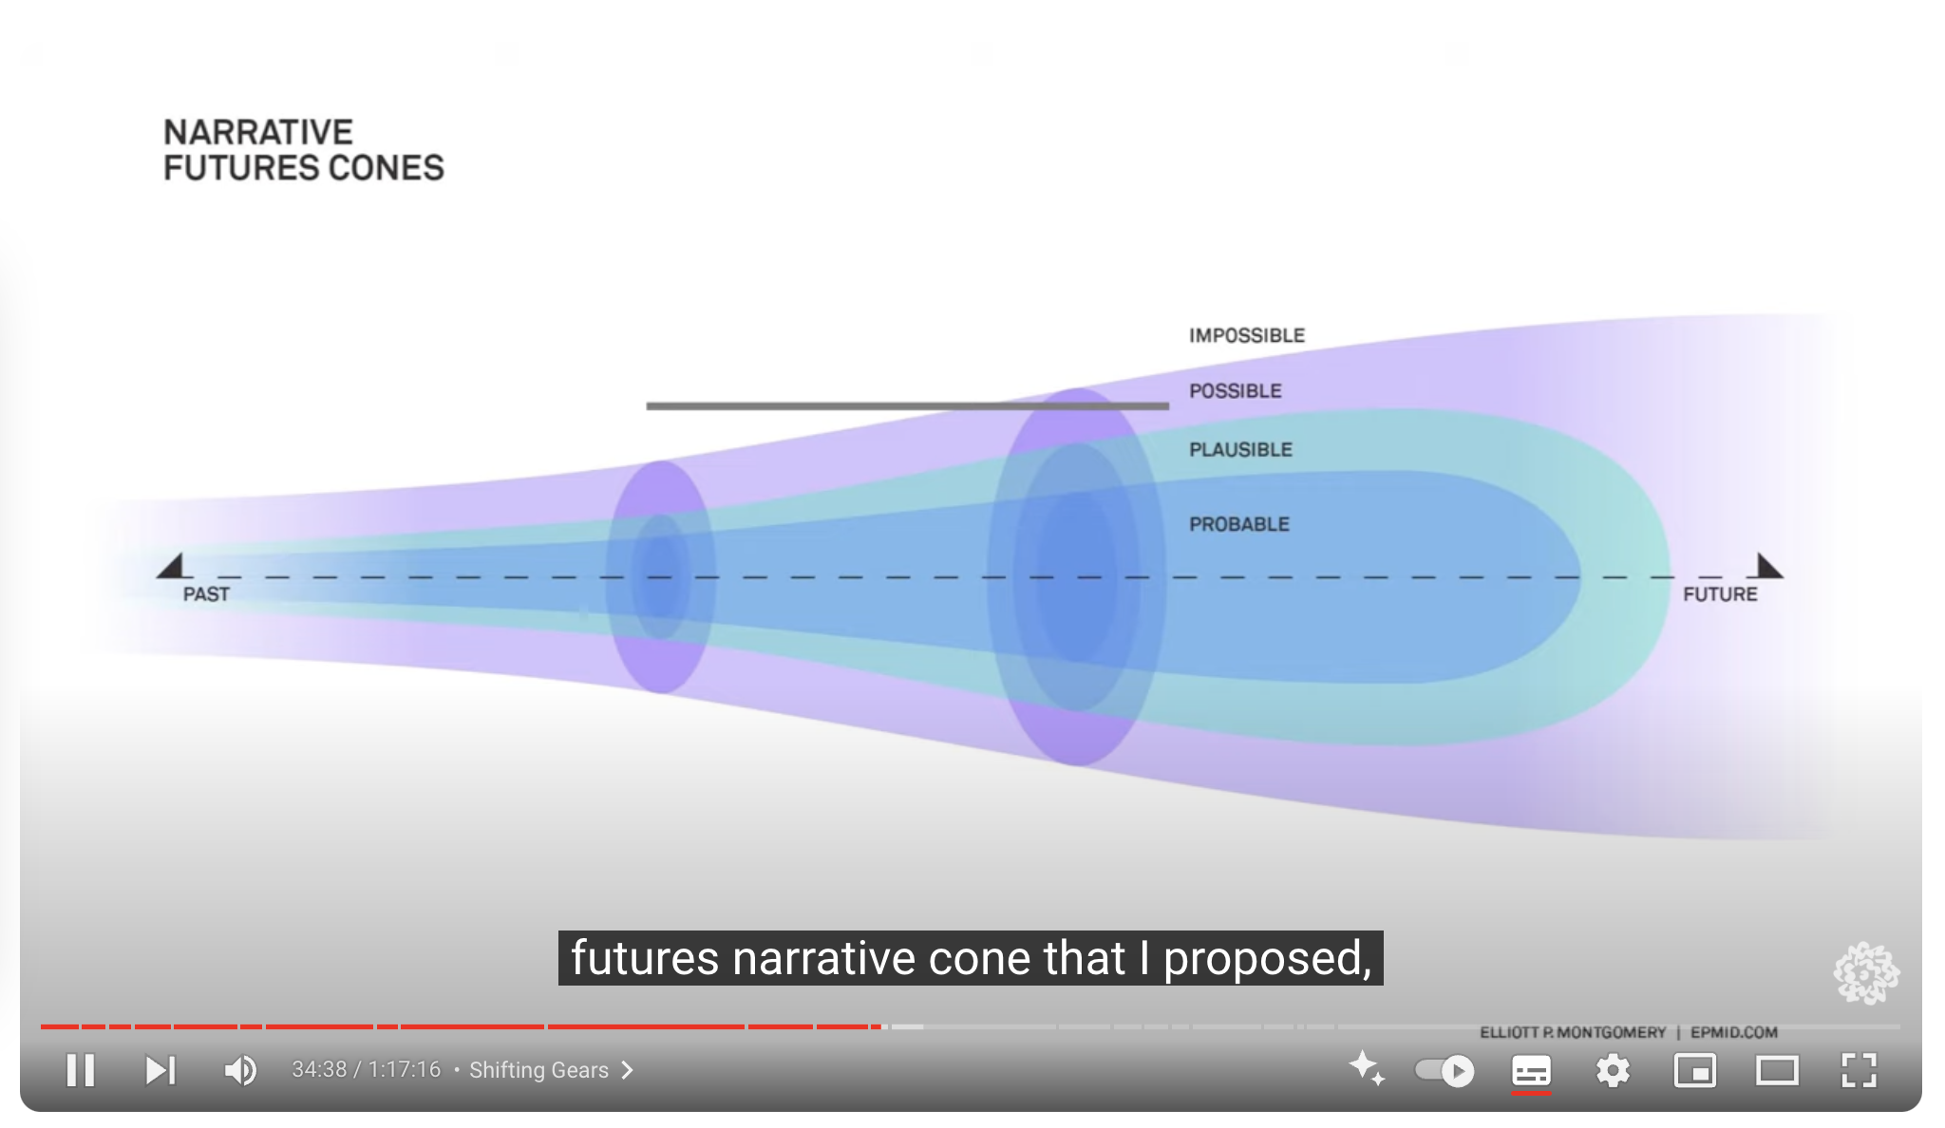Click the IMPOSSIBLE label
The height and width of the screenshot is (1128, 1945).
[x=1247, y=335]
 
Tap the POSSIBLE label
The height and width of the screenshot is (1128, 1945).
[x=1236, y=391]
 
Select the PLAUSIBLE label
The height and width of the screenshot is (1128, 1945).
[x=1241, y=450]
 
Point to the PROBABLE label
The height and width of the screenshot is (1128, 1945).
[x=1239, y=524]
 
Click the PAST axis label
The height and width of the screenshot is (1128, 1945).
[x=206, y=594]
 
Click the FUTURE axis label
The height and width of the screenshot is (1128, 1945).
[x=1720, y=594]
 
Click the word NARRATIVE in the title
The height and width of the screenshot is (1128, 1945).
[x=258, y=132]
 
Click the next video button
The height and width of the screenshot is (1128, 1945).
[x=161, y=1071]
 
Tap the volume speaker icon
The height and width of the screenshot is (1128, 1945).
[x=240, y=1071]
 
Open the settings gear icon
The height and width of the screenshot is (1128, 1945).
[x=1613, y=1071]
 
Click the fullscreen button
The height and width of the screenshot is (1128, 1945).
[x=1859, y=1071]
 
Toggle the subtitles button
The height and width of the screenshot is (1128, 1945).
[x=1531, y=1071]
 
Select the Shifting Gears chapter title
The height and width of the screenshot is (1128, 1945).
[x=538, y=1070]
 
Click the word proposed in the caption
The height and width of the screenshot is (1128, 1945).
[x=1268, y=959]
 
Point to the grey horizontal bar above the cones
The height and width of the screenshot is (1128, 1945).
[x=908, y=405]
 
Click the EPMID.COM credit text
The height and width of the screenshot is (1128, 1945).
[x=1734, y=1032]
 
